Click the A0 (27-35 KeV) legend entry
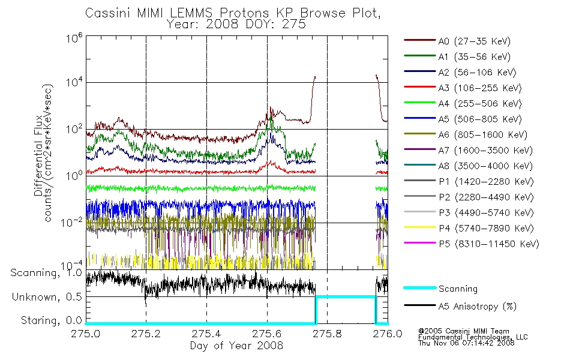[457, 41]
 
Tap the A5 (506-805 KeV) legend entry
[463, 119]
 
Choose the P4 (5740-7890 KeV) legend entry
[469, 228]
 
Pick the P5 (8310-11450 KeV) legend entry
[471, 244]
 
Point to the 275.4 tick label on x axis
[206, 334]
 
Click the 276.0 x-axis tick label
[388, 334]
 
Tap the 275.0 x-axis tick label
[86, 334]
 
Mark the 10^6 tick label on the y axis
[74, 37]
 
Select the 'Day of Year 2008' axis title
[236, 345]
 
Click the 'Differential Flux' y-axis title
[38, 155]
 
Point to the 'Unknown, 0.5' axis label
[47, 297]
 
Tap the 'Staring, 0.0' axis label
[51, 320]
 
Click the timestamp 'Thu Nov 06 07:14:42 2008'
[466, 343]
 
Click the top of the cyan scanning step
[346, 297]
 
